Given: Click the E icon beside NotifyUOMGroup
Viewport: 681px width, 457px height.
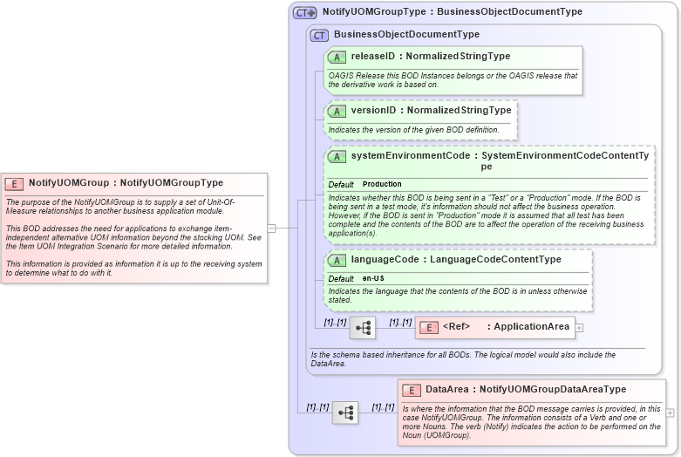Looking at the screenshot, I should [x=14, y=183].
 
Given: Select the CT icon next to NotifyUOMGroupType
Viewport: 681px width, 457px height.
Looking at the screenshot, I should [x=304, y=12].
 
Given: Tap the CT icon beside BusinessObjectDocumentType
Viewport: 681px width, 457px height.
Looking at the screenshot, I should [x=319, y=35].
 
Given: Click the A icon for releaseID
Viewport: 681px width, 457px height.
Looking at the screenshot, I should [x=337, y=57].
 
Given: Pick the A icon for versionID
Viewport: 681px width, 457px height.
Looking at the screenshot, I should [x=337, y=111].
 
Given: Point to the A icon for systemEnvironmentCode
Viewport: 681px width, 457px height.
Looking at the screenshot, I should [x=337, y=156].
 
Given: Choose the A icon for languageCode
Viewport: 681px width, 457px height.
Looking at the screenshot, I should [x=337, y=260].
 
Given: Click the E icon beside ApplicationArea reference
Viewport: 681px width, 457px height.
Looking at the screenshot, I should [x=428, y=327].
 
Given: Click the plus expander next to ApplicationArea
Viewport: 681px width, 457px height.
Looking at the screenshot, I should [x=579, y=328].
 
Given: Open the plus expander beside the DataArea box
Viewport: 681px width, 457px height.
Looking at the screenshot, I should [x=670, y=413].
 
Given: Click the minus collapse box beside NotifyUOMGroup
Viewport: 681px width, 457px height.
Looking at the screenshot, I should [x=271, y=228].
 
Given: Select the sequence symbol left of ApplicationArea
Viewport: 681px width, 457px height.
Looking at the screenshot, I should [x=363, y=328].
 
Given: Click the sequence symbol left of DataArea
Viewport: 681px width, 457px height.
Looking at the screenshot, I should [x=344, y=413].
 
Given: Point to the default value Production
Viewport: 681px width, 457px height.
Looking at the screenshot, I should [x=382, y=185].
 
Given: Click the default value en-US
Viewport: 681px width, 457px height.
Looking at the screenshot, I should [x=373, y=278].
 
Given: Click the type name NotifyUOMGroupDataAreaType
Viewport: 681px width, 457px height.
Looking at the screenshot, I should [x=552, y=390].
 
